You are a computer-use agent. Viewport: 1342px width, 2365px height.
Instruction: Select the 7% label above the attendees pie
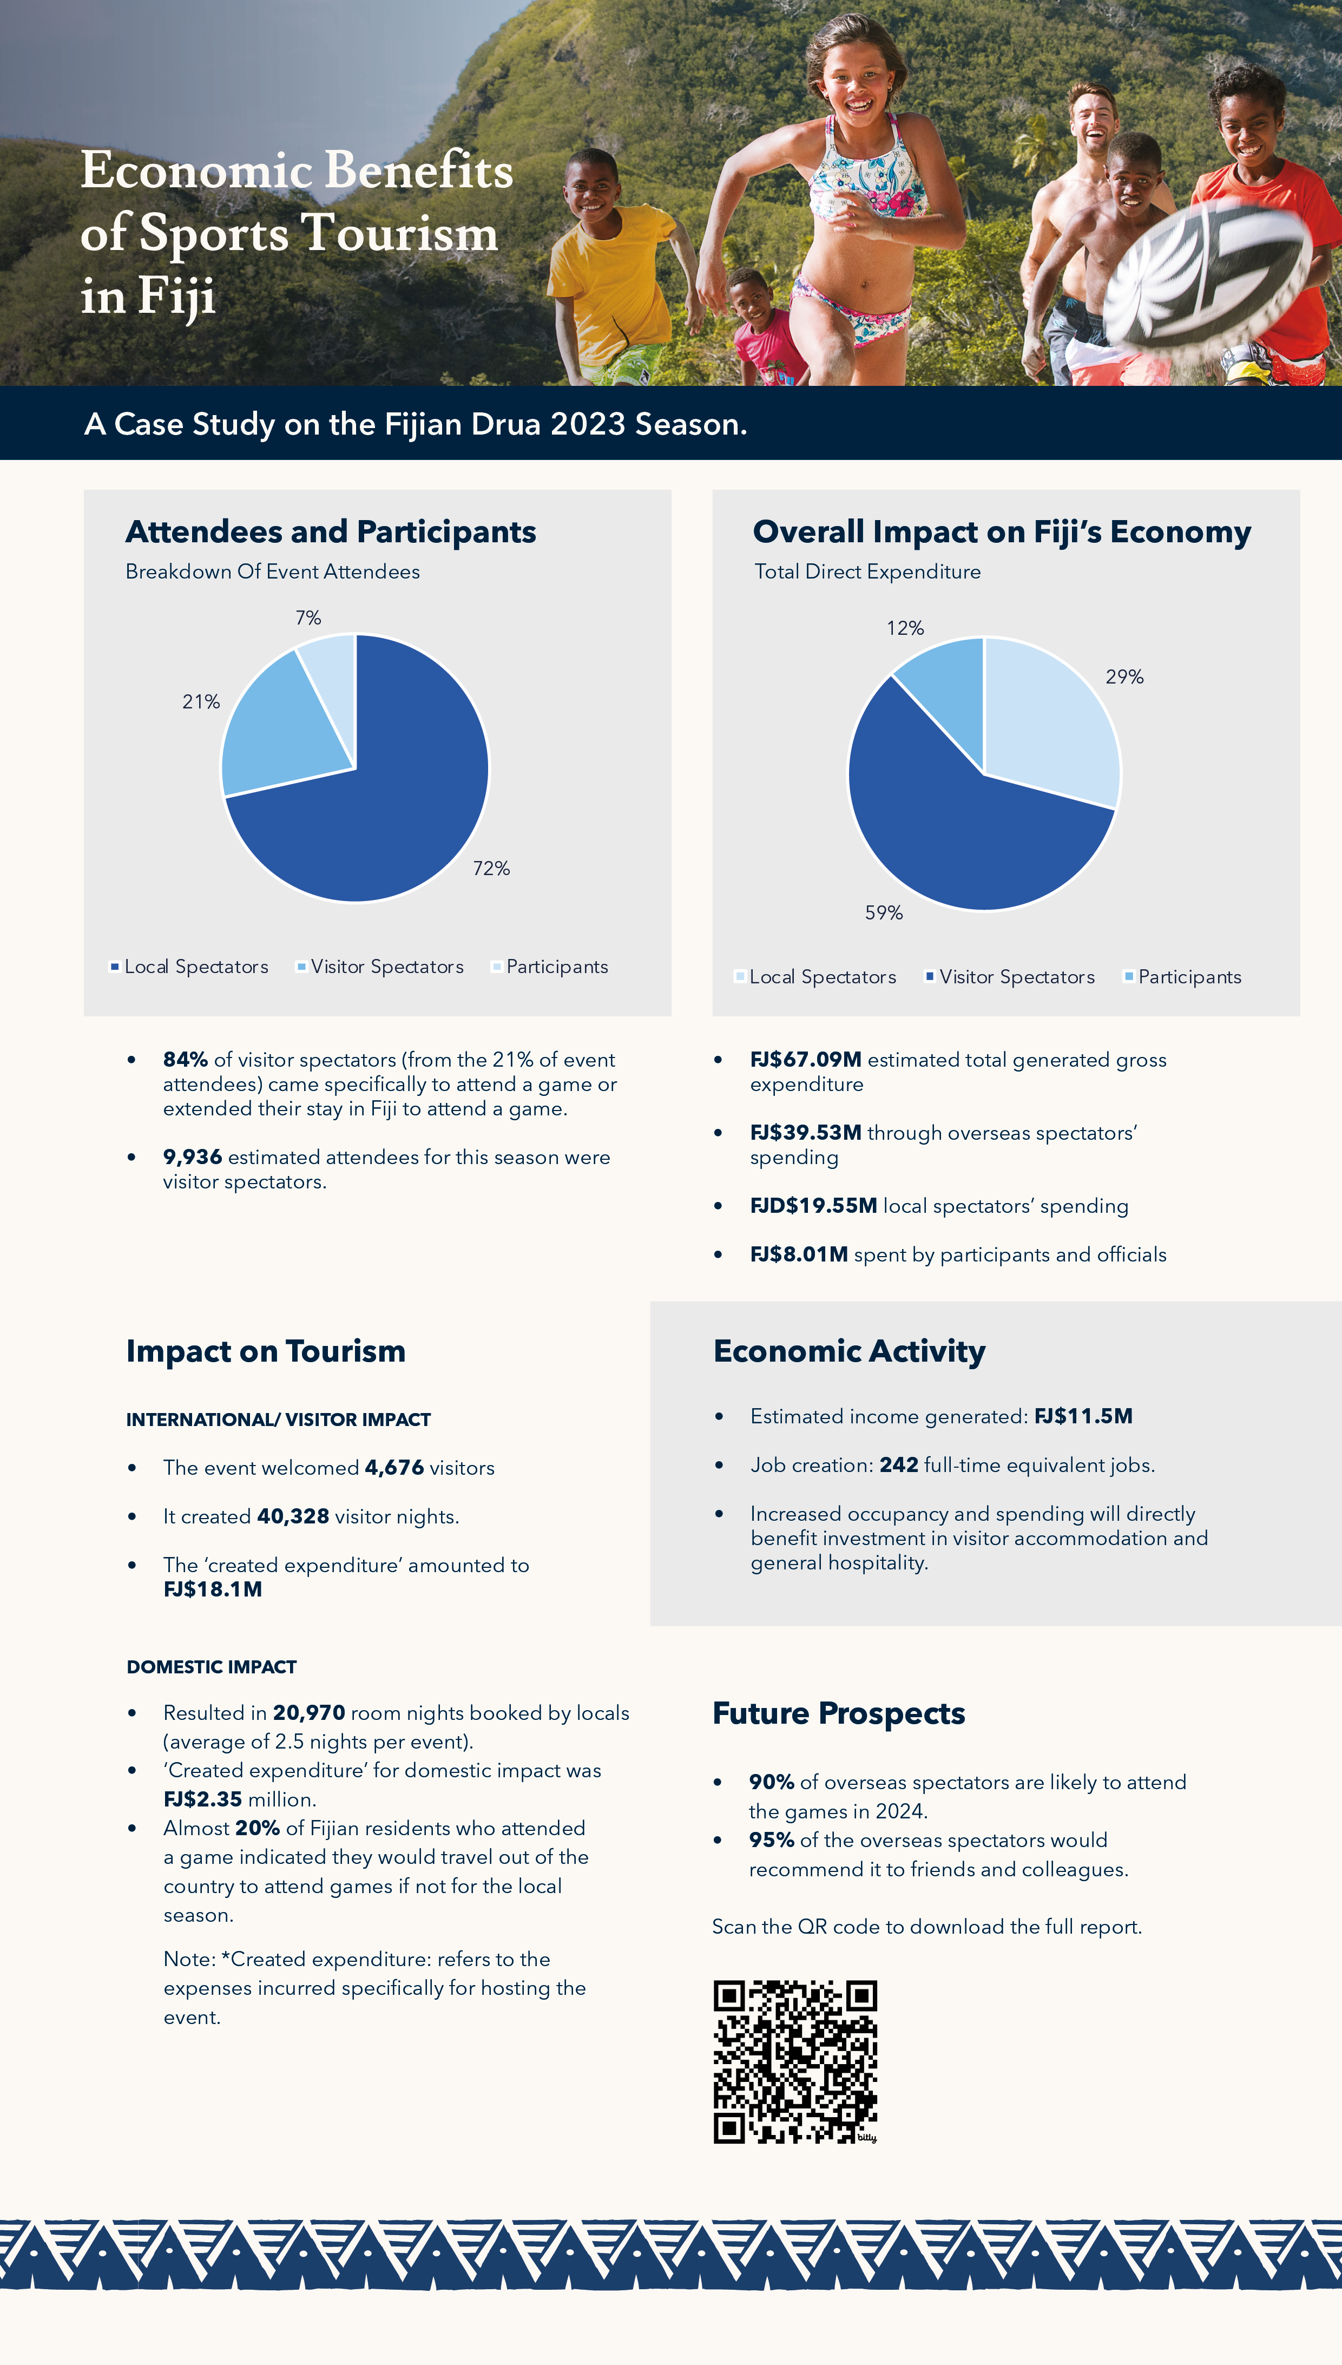(308, 617)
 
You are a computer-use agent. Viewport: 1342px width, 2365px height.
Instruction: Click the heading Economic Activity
(849, 1351)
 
